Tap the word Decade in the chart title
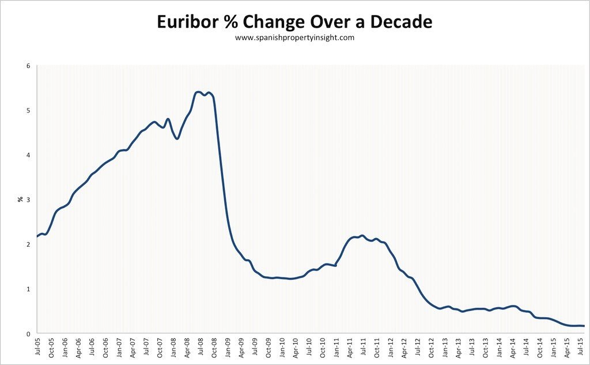[398, 22]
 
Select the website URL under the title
[294, 38]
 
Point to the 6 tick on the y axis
[28, 66]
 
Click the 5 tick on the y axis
[28, 111]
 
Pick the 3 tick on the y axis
[28, 200]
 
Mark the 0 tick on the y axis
[28, 334]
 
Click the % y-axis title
[20, 200]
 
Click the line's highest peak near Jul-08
[198, 92]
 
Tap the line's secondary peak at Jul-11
[361, 235]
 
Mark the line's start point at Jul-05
[37, 236]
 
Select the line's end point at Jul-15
[584, 326]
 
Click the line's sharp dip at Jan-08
[177, 138]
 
